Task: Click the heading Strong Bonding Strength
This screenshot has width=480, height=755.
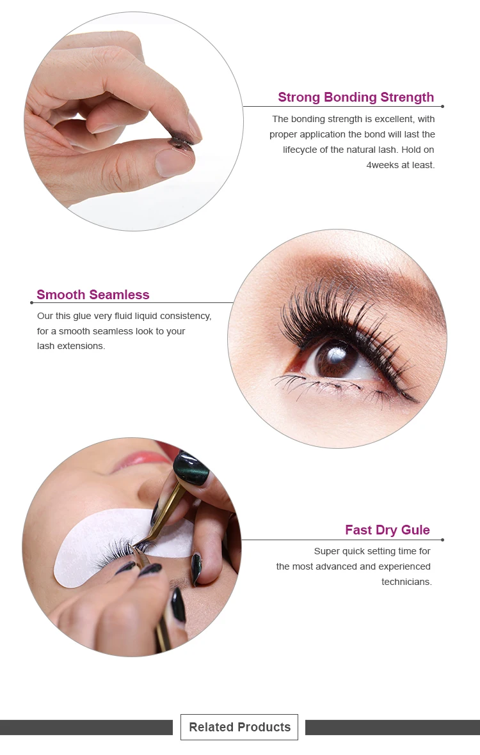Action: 355,97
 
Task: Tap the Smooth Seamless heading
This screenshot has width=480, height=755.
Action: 93,295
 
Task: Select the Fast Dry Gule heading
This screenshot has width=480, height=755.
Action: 387,530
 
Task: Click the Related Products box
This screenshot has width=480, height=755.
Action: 239,727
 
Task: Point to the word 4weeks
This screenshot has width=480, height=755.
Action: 381,165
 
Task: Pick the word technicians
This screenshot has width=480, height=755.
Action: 406,582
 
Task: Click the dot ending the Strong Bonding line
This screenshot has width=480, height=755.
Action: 442,106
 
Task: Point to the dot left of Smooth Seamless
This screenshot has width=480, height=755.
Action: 31,302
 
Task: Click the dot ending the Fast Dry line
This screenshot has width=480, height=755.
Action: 442,540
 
